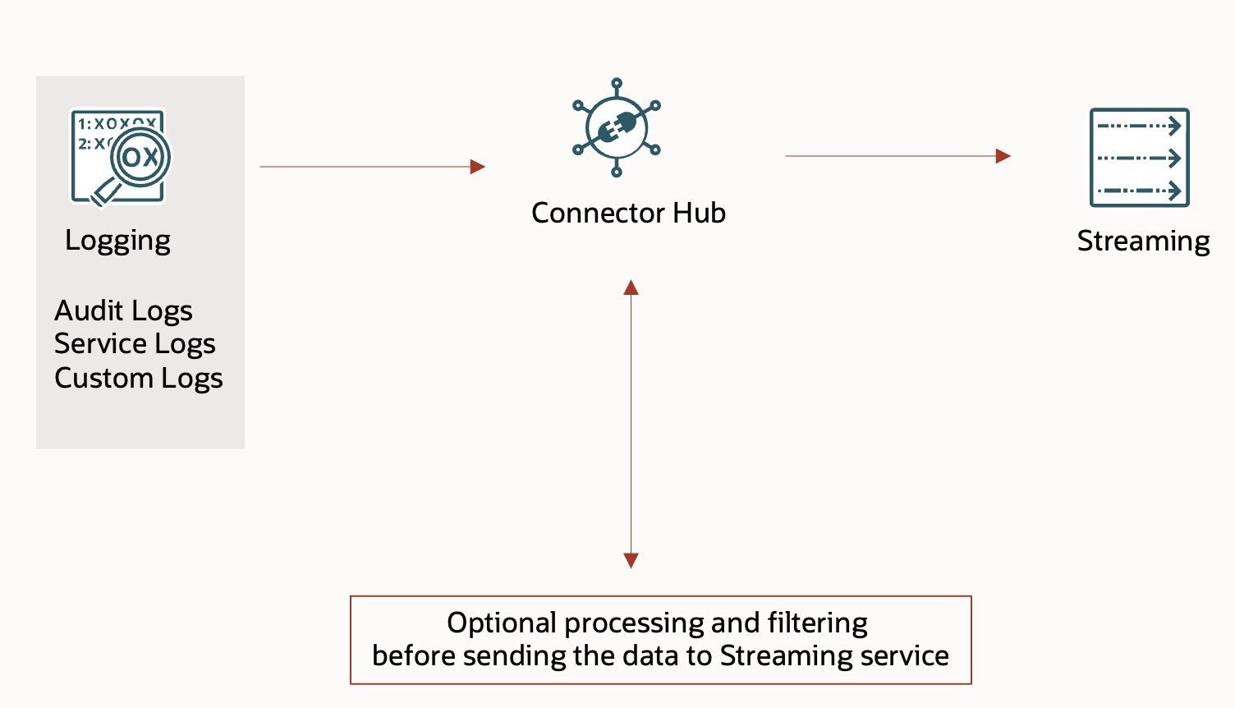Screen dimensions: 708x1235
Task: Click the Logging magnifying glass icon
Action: pos(120,157)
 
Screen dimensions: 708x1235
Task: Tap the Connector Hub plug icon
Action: pos(617,128)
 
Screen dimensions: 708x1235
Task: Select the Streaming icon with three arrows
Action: pos(1139,158)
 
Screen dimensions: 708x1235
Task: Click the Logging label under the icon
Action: pos(117,241)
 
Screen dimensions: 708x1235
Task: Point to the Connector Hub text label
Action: pos(628,213)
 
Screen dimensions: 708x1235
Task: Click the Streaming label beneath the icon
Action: pos(1143,241)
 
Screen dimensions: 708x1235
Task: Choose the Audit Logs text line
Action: pos(123,311)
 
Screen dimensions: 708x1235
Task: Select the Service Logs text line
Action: pos(135,344)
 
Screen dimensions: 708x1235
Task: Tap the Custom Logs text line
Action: pos(139,379)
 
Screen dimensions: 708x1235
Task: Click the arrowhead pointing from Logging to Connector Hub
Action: pos(477,167)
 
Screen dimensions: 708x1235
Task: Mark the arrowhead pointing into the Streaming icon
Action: pos(1003,156)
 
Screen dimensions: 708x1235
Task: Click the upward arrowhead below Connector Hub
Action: pos(631,287)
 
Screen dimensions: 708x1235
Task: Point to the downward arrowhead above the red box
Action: pos(631,561)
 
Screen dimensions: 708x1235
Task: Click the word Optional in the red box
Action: pos(502,623)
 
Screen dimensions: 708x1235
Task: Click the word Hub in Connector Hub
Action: pos(699,213)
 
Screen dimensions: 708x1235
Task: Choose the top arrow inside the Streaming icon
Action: pos(1139,126)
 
